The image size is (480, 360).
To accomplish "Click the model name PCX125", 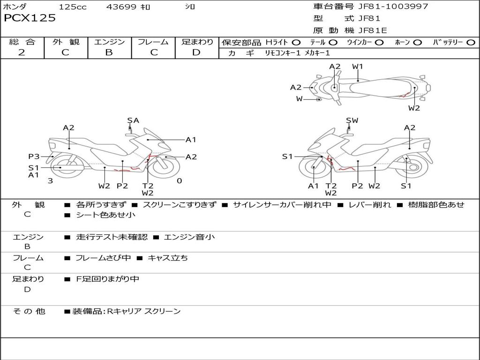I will pos(30,18).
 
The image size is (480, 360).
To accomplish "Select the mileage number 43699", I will pos(121,7).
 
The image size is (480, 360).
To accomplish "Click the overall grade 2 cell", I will pos(22,52).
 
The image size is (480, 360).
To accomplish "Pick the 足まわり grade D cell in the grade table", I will pos(196,52).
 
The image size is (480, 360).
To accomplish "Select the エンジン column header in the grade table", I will pos(110,42).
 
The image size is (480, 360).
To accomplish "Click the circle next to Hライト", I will pos(296,42).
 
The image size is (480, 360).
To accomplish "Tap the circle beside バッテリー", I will pos(471,42).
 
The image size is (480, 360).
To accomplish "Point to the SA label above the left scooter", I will pos(133,120).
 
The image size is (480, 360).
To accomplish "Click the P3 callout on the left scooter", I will pos(34,157).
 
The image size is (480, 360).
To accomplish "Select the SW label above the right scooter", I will pos(352,120).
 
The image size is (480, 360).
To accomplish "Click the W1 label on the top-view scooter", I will pos(358,67).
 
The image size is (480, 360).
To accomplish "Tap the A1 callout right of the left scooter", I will pos(191,139).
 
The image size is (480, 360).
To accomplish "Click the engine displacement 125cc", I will pos(73,7).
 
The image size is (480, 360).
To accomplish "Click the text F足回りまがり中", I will pos(108,279).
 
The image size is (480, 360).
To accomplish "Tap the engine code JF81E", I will pos(373,30).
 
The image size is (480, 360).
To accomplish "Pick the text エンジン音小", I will pos(189,237).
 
